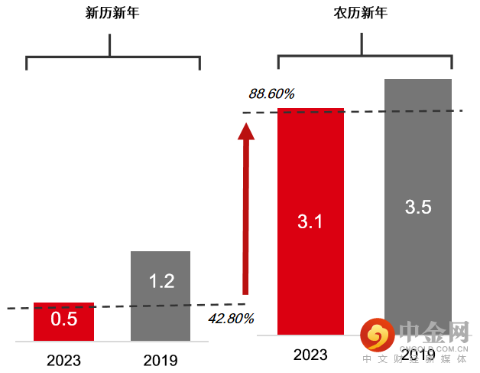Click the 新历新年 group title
click(112, 15)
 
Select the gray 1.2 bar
click(161, 306)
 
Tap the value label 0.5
click(63, 319)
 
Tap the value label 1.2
click(161, 281)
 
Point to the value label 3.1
click(310, 222)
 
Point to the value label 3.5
click(418, 207)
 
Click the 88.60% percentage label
click(271, 93)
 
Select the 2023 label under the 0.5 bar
click(63, 359)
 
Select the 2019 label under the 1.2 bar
click(161, 359)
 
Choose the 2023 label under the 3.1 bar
click(310, 355)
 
